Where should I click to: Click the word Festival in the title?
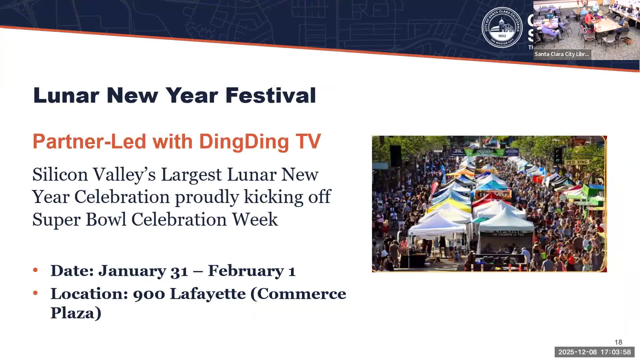pos(270,95)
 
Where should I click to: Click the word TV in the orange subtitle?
pos(308,142)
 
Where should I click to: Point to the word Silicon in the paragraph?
pos(60,175)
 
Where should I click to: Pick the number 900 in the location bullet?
pos(149,294)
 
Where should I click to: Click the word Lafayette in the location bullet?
pos(208,294)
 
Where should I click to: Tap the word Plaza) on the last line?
pos(76,313)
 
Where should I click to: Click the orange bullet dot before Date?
pos(35,270)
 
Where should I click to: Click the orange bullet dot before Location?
pos(35,293)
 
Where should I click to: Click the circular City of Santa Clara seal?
pos(502,28)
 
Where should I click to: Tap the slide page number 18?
pos(618,342)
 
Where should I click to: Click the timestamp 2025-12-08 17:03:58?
pos(594,352)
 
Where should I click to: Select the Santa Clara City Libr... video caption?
pos(562,54)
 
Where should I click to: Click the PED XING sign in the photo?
pos(577,162)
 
